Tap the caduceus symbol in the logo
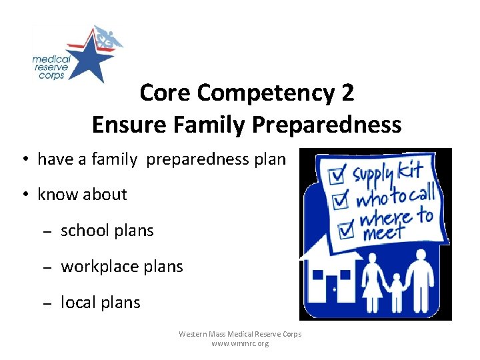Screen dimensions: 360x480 point(106,39)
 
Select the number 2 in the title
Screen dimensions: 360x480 point(347,93)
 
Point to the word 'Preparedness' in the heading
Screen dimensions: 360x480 point(338,125)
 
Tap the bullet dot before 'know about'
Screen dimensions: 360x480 point(23,195)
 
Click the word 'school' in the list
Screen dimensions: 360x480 point(84,231)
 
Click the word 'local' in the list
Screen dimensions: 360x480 point(78,303)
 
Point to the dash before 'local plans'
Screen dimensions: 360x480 point(47,303)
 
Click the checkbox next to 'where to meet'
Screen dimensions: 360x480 point(346,228)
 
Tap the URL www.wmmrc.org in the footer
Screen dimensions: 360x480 point(240,344)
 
